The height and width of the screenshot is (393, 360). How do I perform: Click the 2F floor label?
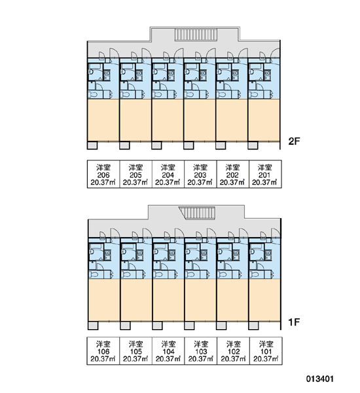tap(294, 141)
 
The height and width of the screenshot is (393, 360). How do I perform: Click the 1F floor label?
tap(294, 322)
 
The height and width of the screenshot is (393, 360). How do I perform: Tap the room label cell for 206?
tap(103, 174)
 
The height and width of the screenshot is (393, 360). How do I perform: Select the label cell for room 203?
tap(200, 174)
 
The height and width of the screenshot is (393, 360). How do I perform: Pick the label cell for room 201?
tap(265, 174)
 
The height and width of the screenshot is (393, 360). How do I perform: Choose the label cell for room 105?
tap(135, 351)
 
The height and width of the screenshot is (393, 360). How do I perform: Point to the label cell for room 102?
tap(233, 351)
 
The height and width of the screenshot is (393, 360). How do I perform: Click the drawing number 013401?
tap(320, 379)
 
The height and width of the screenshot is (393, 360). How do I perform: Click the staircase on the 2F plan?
tap(196, 35)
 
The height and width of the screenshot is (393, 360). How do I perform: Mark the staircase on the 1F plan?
tap(198, 213)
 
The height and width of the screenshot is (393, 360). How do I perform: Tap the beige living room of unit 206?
tap(103, 120)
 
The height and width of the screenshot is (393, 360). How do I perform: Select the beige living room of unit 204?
tap(168, 120)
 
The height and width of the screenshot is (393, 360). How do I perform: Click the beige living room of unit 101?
tap(264, 300)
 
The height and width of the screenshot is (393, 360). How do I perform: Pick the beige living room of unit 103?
tap(200, 300)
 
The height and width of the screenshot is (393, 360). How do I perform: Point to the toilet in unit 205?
tap(125, 95)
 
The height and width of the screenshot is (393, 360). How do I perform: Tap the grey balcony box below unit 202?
tap(221, 145)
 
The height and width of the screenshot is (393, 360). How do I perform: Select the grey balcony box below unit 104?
tap(157, 326)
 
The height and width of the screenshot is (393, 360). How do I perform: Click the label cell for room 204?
tap(168, 174)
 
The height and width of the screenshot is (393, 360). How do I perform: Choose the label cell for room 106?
tap(103, 351)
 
